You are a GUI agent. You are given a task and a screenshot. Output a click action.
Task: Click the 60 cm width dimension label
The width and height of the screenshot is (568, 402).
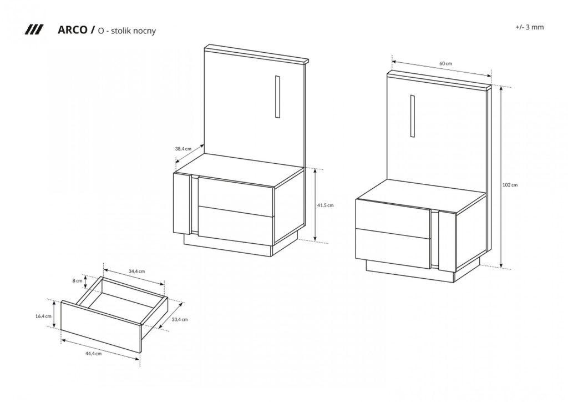[446, 63]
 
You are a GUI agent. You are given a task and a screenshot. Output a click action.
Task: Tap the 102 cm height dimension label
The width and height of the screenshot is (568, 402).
[510, 184]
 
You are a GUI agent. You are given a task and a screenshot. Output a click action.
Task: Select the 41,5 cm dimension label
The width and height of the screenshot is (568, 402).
[325, 205]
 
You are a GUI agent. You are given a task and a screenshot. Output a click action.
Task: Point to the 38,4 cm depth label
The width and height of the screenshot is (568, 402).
[183, 149]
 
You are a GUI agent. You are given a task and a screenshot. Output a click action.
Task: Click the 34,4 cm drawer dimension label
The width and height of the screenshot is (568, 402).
[137, 271]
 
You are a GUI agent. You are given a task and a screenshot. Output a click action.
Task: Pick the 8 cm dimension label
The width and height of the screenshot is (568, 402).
[78, 280]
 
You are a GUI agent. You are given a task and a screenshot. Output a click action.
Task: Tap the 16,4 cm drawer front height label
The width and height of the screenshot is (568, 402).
[43, 316]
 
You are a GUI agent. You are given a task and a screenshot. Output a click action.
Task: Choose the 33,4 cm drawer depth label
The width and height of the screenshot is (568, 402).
[180, 319]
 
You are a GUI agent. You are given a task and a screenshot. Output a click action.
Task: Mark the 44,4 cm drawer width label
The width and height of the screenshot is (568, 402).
[93, 354]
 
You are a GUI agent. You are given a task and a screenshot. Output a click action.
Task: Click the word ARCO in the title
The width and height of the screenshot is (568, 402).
[72, 30]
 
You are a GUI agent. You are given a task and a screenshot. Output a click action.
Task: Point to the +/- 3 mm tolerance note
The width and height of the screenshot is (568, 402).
[529, 27]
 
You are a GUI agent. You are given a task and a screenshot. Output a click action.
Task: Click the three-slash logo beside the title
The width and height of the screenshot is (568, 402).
[34, 30]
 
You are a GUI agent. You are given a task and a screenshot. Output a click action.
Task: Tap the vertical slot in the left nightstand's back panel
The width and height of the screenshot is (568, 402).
[277, 97]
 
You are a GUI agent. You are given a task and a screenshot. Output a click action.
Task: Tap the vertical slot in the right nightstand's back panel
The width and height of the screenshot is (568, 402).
[413, 116]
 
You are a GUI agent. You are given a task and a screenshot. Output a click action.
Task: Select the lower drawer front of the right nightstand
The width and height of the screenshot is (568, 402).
[393, 249]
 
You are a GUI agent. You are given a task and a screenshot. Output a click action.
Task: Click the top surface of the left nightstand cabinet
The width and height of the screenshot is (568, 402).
[239, 170]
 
